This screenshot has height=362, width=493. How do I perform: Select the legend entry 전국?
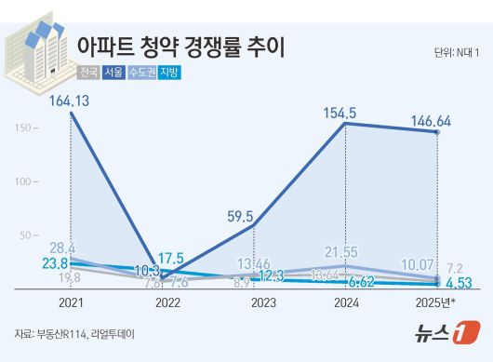coord(93,72)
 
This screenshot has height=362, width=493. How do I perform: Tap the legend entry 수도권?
coord(147,72)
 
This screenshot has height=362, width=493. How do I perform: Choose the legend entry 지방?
coord(176,72)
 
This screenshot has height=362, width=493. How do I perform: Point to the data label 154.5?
coord(345,113)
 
